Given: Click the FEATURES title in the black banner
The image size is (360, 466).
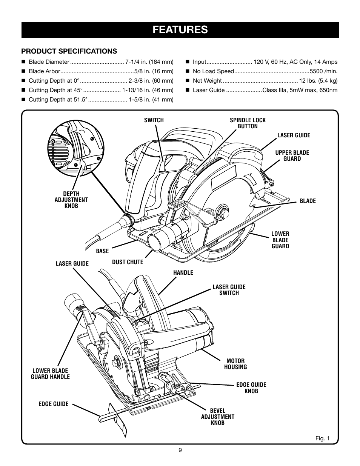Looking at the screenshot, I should tap(180, 30).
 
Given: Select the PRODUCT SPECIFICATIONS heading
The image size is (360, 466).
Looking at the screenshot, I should tap(69, 51).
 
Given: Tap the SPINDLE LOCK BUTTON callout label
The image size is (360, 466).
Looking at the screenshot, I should tap(248, 123).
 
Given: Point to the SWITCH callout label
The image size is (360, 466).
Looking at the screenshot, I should tap(154, 120).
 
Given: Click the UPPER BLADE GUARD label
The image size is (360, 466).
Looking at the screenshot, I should tap(292, 155).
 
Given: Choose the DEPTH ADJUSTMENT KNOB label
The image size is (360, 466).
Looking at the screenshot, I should tap(71, 200).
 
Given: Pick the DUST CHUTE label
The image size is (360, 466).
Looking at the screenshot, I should tap(128, 262).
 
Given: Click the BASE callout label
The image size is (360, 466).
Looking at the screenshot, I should tap(102, 251).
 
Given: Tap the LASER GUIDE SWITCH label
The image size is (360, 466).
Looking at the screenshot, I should tap(229, 290).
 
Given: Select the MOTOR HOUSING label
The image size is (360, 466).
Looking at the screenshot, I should tap(235, 364).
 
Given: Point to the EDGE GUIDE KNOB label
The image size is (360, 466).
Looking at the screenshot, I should tap(251, 388).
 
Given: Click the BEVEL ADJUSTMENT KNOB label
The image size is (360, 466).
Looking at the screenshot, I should tap(218, 417).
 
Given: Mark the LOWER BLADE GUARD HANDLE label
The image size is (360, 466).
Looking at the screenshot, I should tap(50, 374).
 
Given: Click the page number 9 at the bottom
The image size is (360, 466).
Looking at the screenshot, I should tap(180, 449).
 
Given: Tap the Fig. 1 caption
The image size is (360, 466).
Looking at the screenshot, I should tap(323, 438).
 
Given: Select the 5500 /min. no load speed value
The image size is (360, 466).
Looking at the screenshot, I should tap(323, 71).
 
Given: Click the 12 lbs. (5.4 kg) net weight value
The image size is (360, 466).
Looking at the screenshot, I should tap(318, 80).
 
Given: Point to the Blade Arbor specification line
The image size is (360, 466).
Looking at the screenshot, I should tap(101, 71).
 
